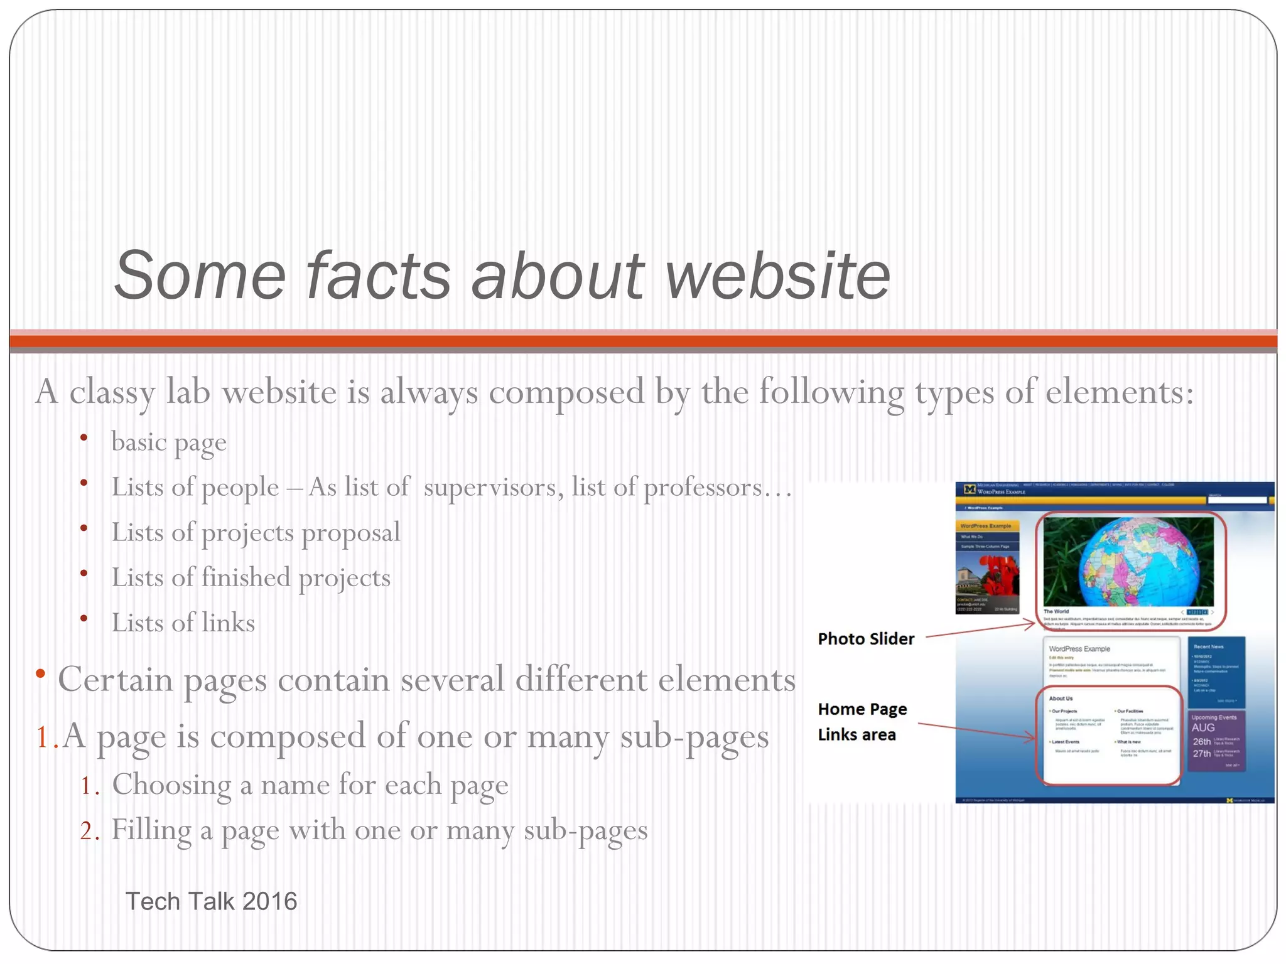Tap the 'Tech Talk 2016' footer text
211,901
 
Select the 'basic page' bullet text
168,442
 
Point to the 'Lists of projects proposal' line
256,533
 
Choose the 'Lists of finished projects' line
251,578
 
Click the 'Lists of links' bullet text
183,623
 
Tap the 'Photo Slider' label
866,639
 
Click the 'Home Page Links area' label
862,722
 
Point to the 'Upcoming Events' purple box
1216,741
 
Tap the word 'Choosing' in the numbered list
171,785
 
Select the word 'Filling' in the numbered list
151,830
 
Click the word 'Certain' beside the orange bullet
115,680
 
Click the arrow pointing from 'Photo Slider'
980,629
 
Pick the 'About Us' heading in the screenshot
1061,699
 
